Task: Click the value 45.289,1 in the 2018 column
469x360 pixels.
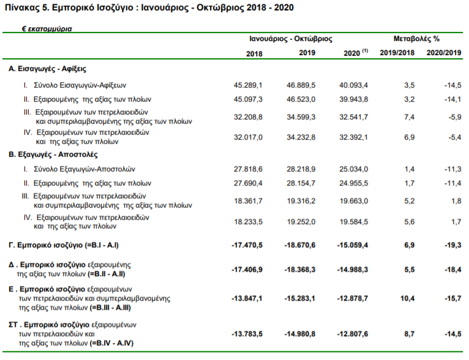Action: [x=248, y=85]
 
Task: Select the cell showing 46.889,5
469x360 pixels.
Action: [x=301, y=85]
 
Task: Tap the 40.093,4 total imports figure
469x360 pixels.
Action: [x=353, y=85]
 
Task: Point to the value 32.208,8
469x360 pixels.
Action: [x=248, y=117]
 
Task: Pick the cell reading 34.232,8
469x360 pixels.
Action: [x=301, y=137]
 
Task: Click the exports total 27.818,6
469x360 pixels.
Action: [x=248, y=169]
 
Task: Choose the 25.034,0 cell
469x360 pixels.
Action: [x=353, y=169]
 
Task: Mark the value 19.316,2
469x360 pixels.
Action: [x=301, y=201]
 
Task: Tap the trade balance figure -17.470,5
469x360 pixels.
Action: [x=247, y=245]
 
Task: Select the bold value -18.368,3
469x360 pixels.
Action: [x=299, y=270]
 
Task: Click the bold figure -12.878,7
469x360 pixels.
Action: [x=353, y=298]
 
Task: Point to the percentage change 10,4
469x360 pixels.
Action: [x=407, y=298]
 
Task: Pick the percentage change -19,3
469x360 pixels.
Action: [x=453, y=245]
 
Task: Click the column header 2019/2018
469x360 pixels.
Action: [x=397, y=53]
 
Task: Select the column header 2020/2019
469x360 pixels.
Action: [x=444, y=53]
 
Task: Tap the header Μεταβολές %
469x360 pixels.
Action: [x=416, y=39]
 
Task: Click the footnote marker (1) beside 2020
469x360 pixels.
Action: [x=365, y=51]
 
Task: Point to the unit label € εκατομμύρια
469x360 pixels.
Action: [x=47, y=29]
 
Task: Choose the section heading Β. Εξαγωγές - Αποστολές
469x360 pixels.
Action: [x=53, y=154]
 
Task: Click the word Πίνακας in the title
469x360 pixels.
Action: [x=23, y=7]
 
